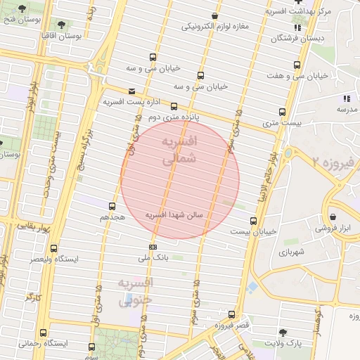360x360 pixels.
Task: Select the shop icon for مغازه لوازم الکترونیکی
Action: [214, 16]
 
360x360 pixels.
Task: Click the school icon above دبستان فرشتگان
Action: [297, 28]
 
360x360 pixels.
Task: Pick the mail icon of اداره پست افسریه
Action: [131, 91]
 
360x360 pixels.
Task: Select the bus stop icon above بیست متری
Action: [283, 112]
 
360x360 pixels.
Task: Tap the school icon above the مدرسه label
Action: [346, 98]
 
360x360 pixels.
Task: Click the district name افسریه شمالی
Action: [180, 151]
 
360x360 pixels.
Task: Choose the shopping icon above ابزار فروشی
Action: [333, 217]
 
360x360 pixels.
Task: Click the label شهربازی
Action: [291, 251]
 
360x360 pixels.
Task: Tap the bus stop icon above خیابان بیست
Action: [253, 221]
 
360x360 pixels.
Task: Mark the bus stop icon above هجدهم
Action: [112, 207]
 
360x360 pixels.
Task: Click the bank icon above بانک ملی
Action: [153, 247]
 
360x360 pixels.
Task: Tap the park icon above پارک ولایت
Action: [283, 332]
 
